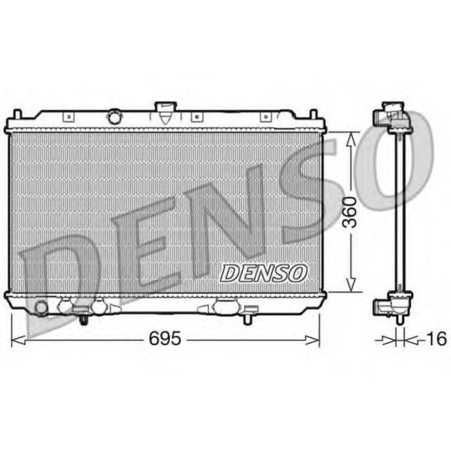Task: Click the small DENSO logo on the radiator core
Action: pos(264,273)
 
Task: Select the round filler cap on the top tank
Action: pos(115,117)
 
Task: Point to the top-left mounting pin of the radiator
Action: pos(17,115)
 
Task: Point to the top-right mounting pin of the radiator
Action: pos(315,115)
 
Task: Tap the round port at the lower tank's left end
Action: pos(41,308)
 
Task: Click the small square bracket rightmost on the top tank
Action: pos(264,117)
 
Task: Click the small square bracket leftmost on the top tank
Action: pos(67,117)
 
